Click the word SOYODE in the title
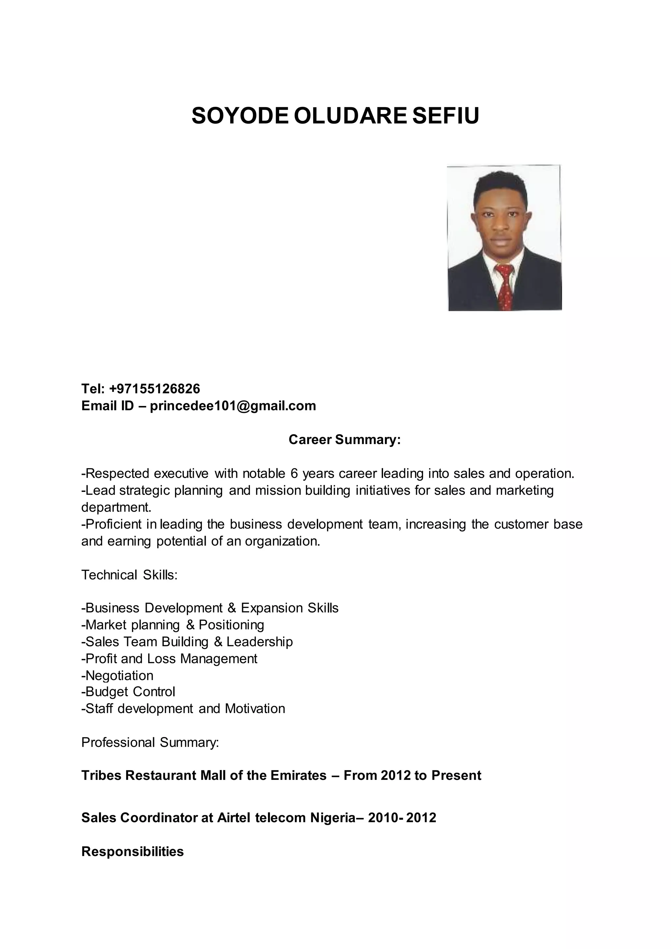pyautogui.click(x=239, y=116)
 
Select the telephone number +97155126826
pyautogui.click(x=155, y=389)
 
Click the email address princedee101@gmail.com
pyautogui.click(x=233, y=406)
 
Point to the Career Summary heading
pyautogui.click(x=345, y=439)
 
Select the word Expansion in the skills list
pyautogui.click(x=272, y=608)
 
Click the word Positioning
pyautogui.click(x=231, y=625)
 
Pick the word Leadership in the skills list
pyautogui.click(x=259, y=642)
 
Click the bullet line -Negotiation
pyautogui.click(x=117, y=675)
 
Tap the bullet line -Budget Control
pyautogui.click(x=128, y=691)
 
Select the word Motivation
pyautogui.click(x=255, y=708)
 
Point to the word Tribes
pyautogui.click(x=101, y=775)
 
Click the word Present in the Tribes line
pyautogui.click(x=456, y=775)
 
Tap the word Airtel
pyautogui.click(x=234, y=818)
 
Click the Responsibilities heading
pyautogui.click(x=132, y=851)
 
